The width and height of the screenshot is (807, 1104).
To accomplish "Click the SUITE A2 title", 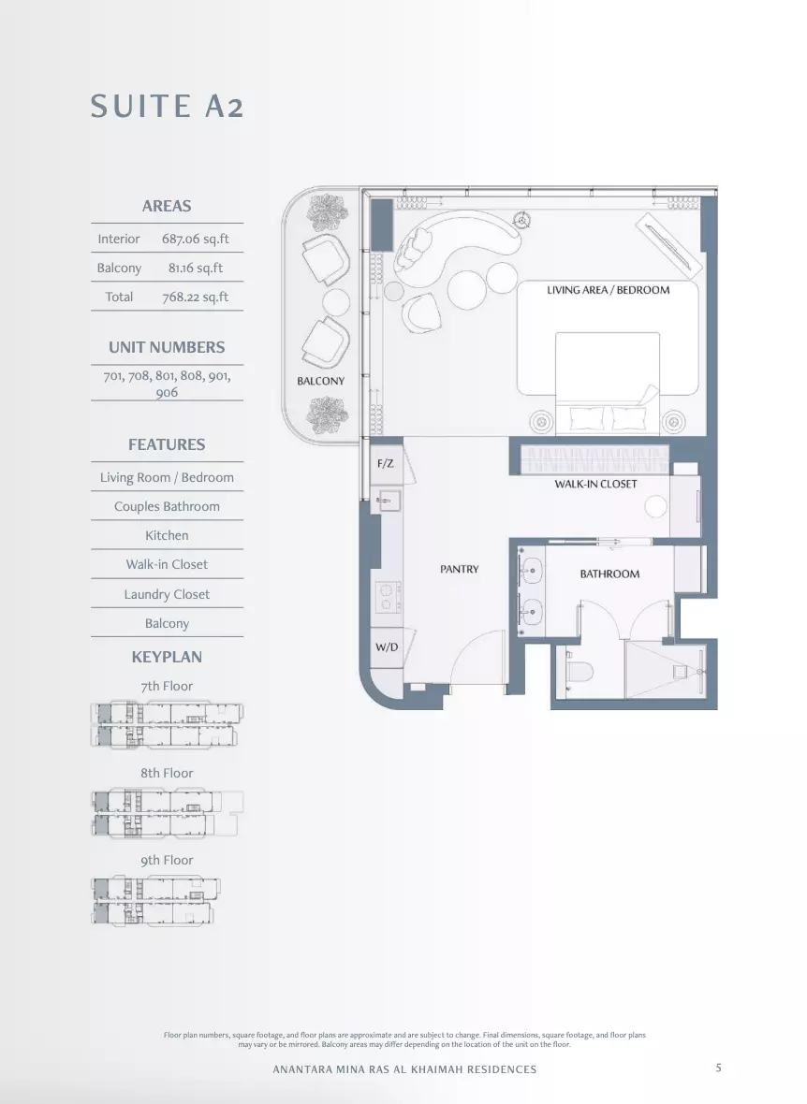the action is pos(167,107).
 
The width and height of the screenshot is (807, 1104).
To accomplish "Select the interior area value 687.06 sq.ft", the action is pos(196,239).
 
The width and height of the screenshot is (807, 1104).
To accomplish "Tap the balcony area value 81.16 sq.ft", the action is pos(196,268).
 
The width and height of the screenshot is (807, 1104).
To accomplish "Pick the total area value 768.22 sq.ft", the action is pos(196,297).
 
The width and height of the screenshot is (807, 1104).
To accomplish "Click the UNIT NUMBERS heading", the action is pos(167,347).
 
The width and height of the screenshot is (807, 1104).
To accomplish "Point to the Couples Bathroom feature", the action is pos(167,506).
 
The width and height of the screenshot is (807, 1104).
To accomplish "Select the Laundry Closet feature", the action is pos(167,594).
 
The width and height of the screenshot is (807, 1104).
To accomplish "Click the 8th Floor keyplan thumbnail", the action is pos(167,813).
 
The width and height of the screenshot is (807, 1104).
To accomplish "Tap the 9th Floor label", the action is pos(167,860).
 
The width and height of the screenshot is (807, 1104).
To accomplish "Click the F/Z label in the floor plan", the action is pos(386,463).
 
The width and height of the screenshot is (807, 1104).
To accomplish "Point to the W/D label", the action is pos(387,647).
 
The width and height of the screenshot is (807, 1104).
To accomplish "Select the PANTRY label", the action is pos(460,569).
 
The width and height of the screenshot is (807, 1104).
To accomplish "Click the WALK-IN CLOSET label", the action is pos(595,484).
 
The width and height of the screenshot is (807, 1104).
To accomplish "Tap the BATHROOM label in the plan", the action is pos(609,574).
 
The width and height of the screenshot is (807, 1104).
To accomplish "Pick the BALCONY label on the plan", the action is pos(321,381).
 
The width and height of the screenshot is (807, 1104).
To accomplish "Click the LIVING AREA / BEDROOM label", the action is pos(609,289).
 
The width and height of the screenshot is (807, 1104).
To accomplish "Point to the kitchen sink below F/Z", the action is pos(387,501).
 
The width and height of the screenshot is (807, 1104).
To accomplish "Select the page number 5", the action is pos(719,1068).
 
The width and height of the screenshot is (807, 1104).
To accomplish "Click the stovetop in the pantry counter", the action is pos(388,596).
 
